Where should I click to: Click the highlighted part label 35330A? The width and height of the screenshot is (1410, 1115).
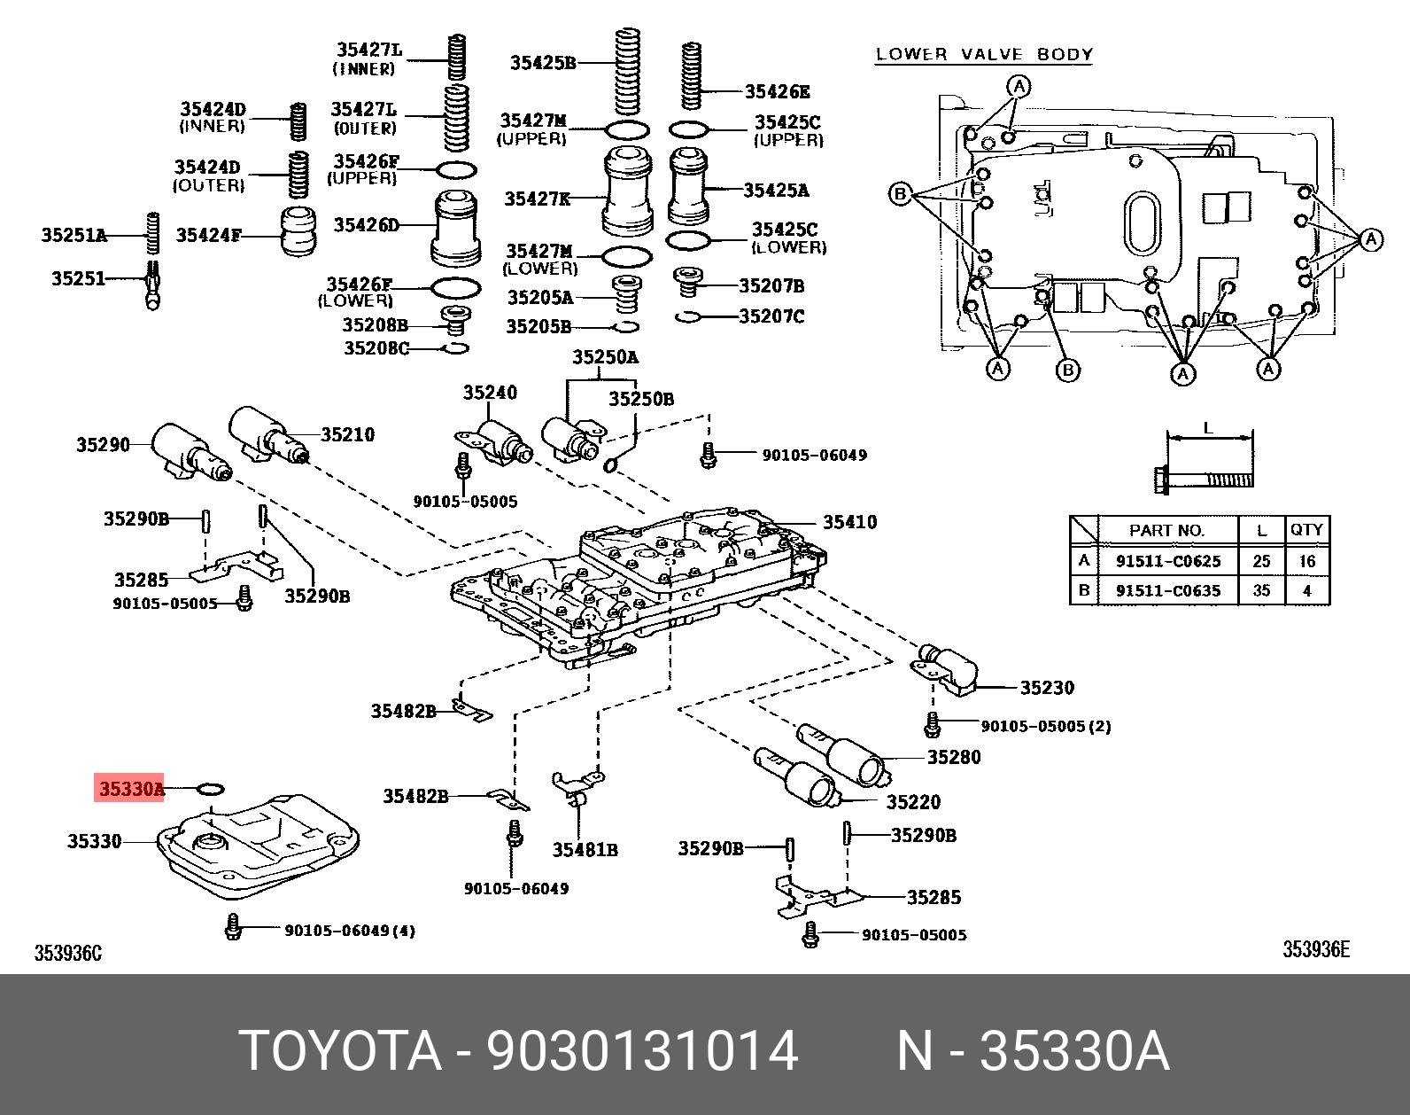click(x=130, y=788)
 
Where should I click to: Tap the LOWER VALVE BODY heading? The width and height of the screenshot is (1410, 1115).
click(x=984, y=55)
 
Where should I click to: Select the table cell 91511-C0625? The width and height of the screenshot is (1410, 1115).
click(x=1167, y=561)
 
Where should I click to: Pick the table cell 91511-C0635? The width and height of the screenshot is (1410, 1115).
click(x=1167, y=590)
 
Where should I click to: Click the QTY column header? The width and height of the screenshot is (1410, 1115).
click(x=1306, y=530)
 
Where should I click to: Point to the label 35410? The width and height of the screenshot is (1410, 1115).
click(x=849, y=522)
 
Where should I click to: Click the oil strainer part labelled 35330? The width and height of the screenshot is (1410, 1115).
click(x=257, y=846)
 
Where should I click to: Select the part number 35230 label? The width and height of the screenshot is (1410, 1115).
click(x=1047, y=688)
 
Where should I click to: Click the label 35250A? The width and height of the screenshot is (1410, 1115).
click(x=605, y=357)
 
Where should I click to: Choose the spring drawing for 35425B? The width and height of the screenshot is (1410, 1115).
click(x=627, y=71)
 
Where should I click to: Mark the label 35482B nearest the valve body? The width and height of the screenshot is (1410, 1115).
click(x=403, y=711)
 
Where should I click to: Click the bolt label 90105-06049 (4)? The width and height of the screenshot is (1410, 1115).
click(x=350, y=931)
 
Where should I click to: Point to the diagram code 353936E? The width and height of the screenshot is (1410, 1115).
click(x=1316, y=950)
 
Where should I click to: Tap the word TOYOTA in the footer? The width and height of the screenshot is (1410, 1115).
click(x=340, y=1051)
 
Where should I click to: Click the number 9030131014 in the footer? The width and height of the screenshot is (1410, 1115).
click(x=642, y=1051)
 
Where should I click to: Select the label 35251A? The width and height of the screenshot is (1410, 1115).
click(x=74, y=235)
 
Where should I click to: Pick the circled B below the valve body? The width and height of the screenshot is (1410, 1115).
click(x=1068, y=370)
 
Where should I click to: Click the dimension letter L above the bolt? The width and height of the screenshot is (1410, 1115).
click(x=1208, y=428)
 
